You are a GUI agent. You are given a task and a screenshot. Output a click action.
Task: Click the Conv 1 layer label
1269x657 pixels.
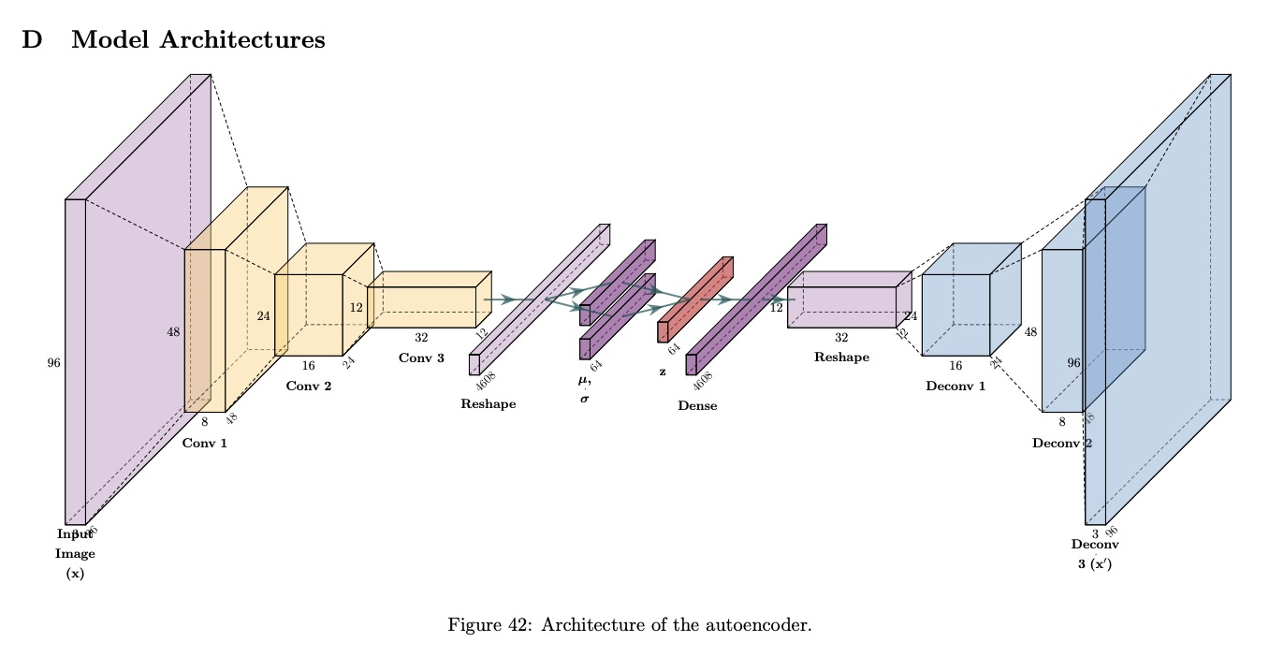click(205, 443)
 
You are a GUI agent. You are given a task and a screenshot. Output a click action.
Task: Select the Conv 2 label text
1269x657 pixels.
click(308, 385)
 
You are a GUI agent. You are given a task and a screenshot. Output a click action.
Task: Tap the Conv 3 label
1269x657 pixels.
click(421, 358)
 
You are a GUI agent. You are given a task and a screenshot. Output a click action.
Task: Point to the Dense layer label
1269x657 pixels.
click(697, 406)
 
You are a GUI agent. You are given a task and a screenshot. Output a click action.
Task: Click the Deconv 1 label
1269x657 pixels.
click(955, 386)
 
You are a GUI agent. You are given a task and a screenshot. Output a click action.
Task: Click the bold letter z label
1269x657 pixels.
click(663, 372)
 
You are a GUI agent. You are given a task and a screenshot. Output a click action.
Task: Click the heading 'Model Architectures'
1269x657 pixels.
click(198, 40)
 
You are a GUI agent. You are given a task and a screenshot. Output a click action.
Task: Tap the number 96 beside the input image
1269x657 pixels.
click(53, 363)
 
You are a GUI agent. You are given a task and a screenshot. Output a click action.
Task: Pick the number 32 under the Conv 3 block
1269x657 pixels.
click(421, 338)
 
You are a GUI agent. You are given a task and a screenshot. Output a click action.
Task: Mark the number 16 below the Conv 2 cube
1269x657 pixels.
click(308, 366)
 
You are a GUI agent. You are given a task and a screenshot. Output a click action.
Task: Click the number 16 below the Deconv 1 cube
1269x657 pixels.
click(955, 366)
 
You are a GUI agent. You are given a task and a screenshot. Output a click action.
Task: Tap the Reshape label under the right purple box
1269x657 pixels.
click(841, 357)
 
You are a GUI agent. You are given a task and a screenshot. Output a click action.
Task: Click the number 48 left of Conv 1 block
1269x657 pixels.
click(173, 332)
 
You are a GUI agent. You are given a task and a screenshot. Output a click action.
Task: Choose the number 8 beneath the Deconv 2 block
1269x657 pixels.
click(1062, 422)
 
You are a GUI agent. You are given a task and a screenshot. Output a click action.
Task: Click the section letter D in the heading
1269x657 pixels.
click(32, 40)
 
